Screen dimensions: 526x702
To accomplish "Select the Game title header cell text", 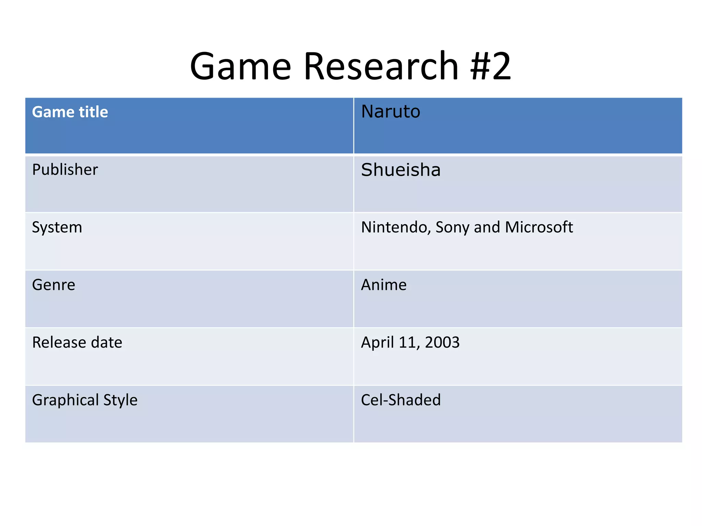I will click(x=70, y=112).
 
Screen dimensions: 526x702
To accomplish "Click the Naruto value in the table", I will click(x=390, y=112).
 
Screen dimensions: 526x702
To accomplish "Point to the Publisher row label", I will click(x=65, y=170).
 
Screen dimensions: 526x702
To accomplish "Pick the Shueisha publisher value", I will click(x=401, y=170).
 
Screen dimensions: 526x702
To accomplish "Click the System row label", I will click(x=57, y=227).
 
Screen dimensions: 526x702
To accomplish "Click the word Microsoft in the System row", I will click(x=538, y=227).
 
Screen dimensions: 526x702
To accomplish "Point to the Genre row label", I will click(x=53, y=285).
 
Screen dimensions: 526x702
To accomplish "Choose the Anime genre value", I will click(x=384, y=285).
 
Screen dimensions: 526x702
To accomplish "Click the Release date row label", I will click(x=77, y=342).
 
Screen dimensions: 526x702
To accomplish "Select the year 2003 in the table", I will click(x=442, y=342).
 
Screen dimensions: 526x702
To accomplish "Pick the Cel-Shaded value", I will click(x=401, y=400).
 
